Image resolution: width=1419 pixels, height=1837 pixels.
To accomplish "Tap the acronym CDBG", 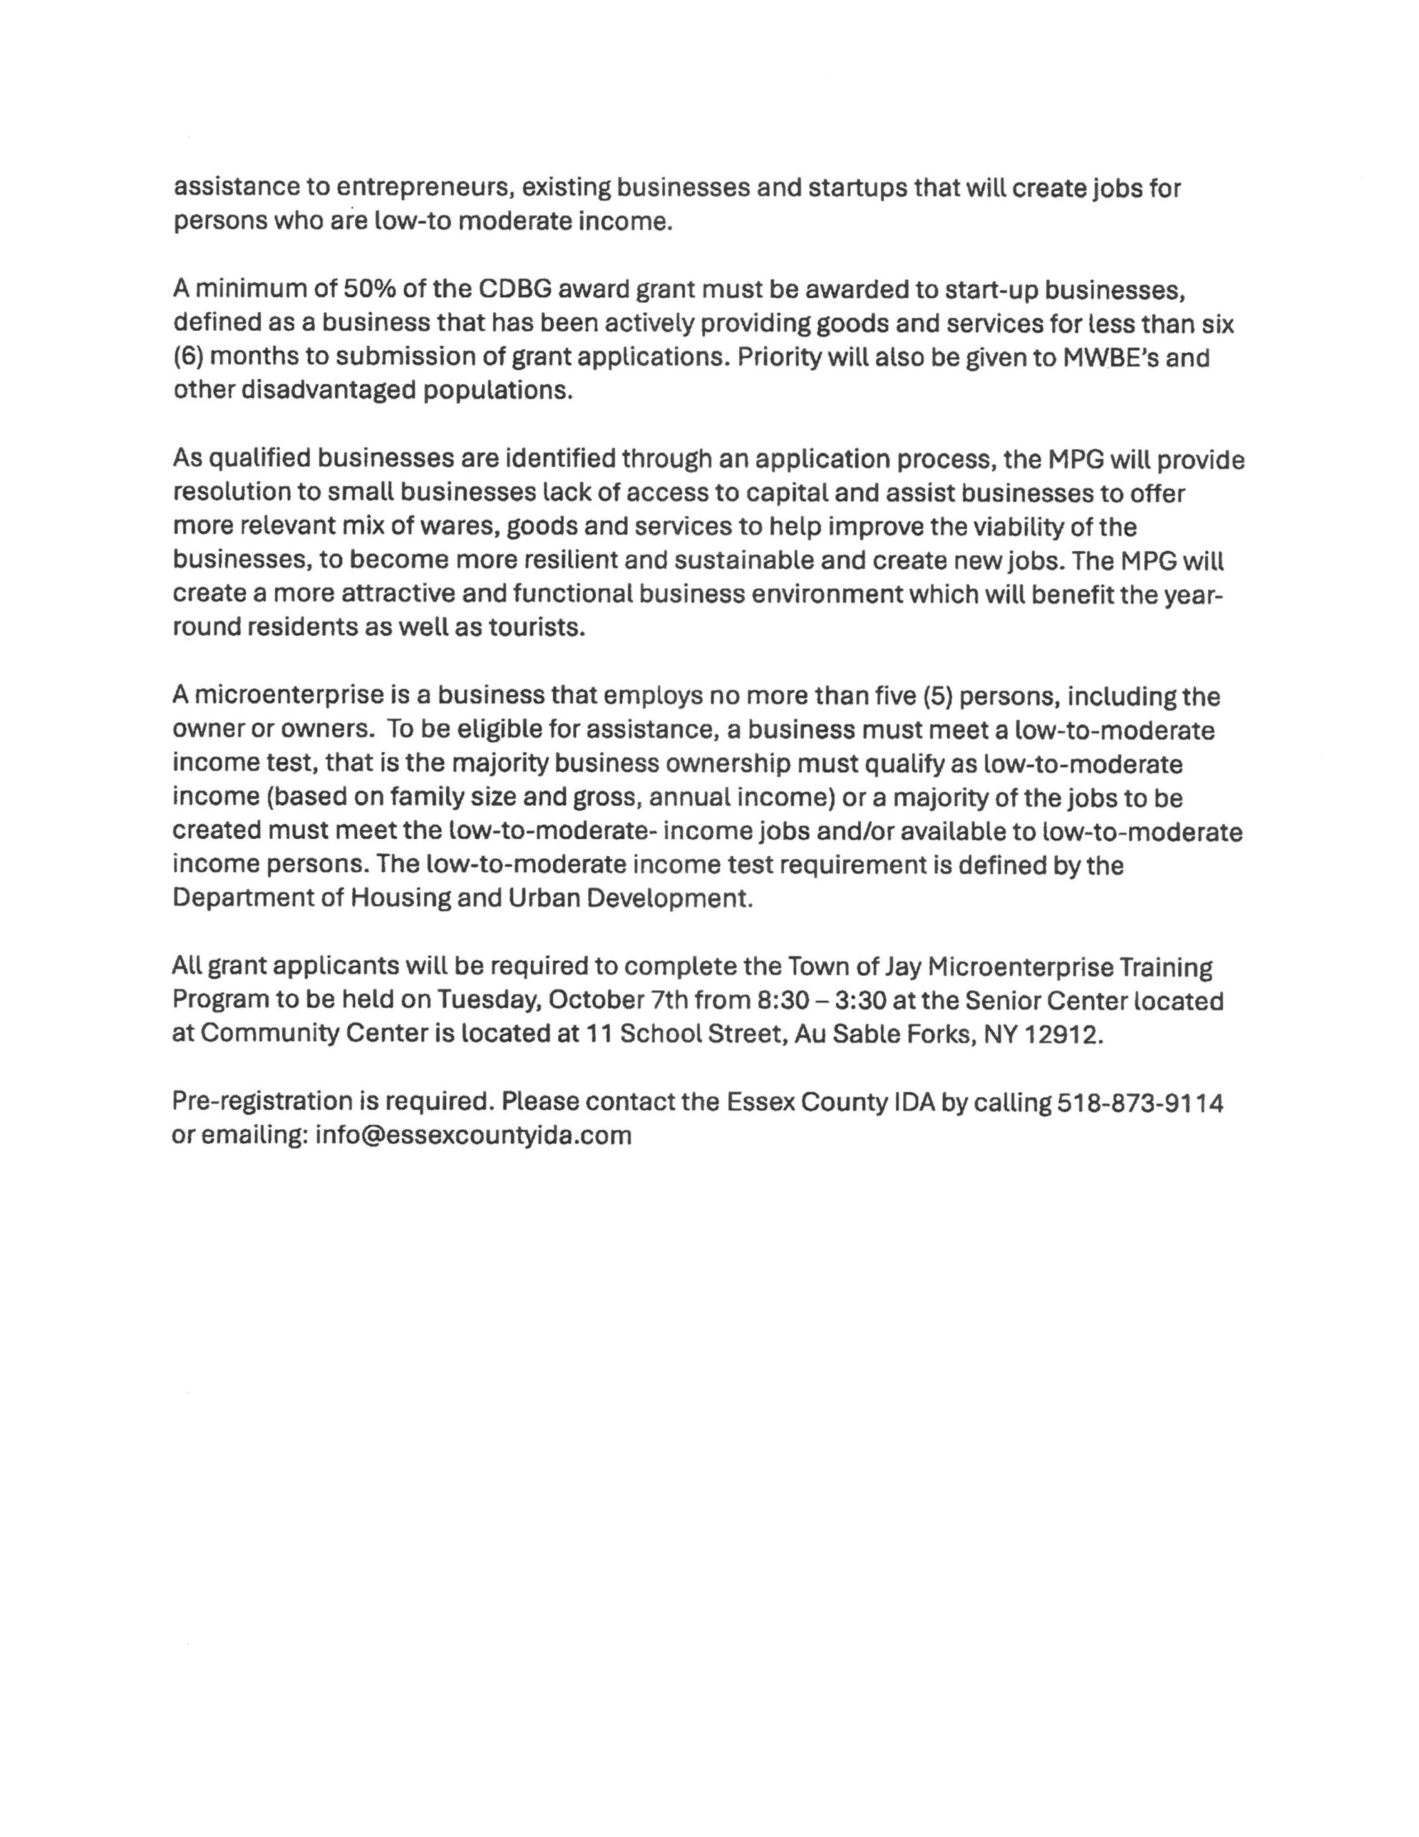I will pyautogui.click(x=513, y=289).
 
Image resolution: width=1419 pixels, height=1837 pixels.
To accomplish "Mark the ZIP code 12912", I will pyautogui.click(x=1062, y=1035).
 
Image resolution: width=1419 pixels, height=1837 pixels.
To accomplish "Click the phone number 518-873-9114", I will pyautogui.click(x=1140, y=1102).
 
